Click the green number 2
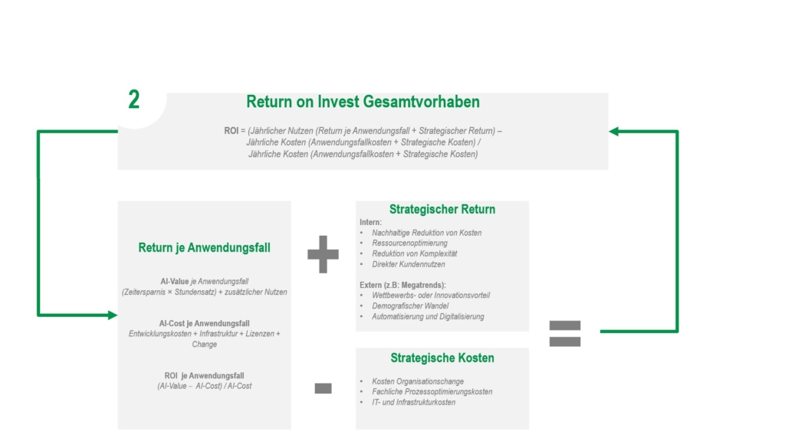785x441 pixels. (134, 100)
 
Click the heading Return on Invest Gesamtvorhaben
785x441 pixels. (363, 102)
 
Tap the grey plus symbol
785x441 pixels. (323, 254)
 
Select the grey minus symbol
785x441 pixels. (323, 389)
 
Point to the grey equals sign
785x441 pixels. (565, 333)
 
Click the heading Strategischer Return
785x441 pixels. (442, 209)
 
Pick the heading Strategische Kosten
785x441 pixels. (442, 358)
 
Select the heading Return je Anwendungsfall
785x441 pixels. (204, 247)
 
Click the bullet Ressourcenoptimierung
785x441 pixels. (410, 243)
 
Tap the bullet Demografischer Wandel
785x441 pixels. (410, 306)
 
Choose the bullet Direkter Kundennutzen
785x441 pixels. (408, 264)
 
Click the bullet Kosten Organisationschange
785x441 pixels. (418, 381)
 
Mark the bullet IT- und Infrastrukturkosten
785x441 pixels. (413, 402)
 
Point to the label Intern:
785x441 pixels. (370, 222)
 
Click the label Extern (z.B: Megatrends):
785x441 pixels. (402, 285)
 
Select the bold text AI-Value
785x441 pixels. (175, 282)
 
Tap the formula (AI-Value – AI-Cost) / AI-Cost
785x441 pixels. (204, 386)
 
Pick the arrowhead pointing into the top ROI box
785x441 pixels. (613, 132)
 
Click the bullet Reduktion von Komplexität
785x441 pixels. (414, 253)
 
